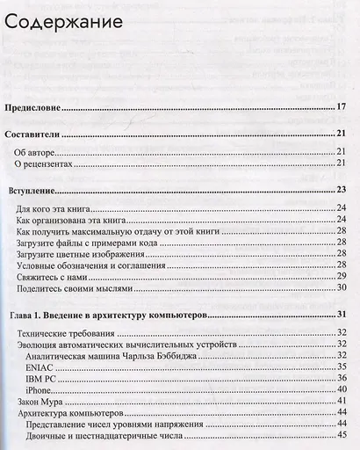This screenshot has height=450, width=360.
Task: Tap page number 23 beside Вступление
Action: point(342,190)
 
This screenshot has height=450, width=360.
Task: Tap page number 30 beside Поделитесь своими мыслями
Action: point(342,287)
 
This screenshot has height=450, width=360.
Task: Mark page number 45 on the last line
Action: point(342,434)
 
